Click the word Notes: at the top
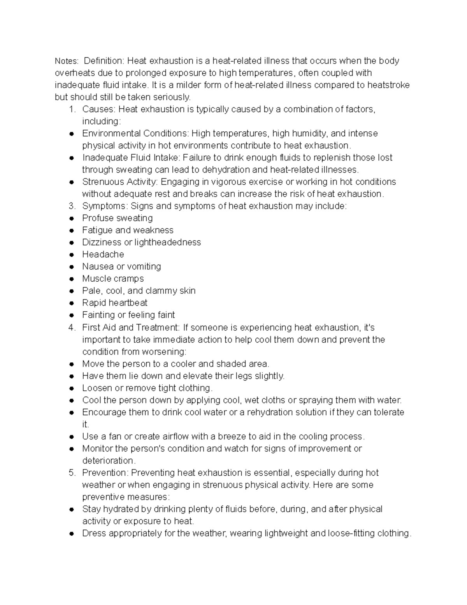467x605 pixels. point(66,61)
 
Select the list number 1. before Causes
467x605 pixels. point(72,109)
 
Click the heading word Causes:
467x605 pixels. point(99,109)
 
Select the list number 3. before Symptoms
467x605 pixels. point(72,206)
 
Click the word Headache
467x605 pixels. point(103,254)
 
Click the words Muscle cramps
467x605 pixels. point(113,279)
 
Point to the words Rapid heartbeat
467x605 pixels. point(115,303)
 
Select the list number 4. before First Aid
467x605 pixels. point(72,327)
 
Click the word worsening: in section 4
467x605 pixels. point(165,351)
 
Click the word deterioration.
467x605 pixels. point(109,460)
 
